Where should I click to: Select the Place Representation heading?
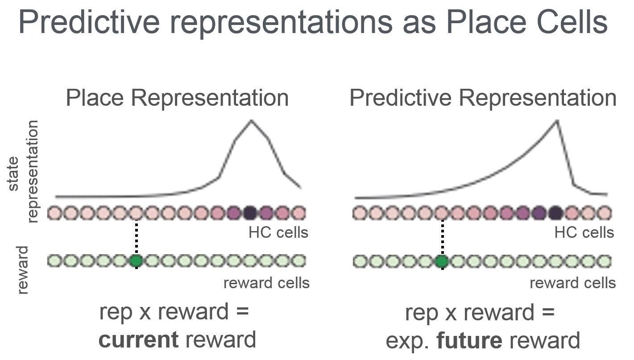tap(177, 98)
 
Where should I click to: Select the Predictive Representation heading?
tap(483, 98)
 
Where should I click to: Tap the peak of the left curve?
tap(251, 121)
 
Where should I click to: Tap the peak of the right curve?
tap(556, 121)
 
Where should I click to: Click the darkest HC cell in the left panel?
tap(250, 213)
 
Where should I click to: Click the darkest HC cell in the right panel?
tap(555, 213)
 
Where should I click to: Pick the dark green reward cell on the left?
tap(136, 261)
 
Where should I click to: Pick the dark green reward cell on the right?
tap(442, 261)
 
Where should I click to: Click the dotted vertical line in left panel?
tap(136, 236)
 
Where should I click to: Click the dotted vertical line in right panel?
tap(442, 236)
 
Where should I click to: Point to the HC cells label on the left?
tap(278, 232)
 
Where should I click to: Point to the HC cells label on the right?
tap(584, 232)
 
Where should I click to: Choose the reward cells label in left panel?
tap(266, 283)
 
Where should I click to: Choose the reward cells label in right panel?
tap(572, 283)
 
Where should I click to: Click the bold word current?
tap(138, 340)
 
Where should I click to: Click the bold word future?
tap(469, 341)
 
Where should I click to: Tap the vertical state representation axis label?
tap(22, 172)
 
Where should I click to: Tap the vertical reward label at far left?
tap(22, 270)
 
